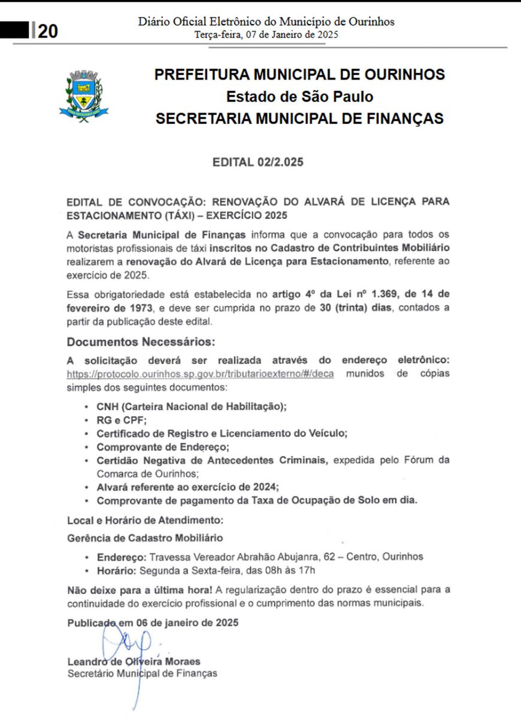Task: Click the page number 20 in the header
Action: click(48, 31)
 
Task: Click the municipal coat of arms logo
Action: click(84, 96)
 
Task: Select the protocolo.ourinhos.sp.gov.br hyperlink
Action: click(201, 374)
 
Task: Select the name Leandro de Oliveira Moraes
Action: click(134, 662)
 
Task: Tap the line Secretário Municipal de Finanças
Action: click(142, 673)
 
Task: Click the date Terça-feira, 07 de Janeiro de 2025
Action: click(266, 35)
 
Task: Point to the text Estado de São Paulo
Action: click(299, 96)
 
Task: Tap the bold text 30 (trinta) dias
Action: click(357, 308)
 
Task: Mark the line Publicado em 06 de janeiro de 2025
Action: click(153, 622)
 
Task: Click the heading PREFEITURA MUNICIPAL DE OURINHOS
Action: click(299, 75)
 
